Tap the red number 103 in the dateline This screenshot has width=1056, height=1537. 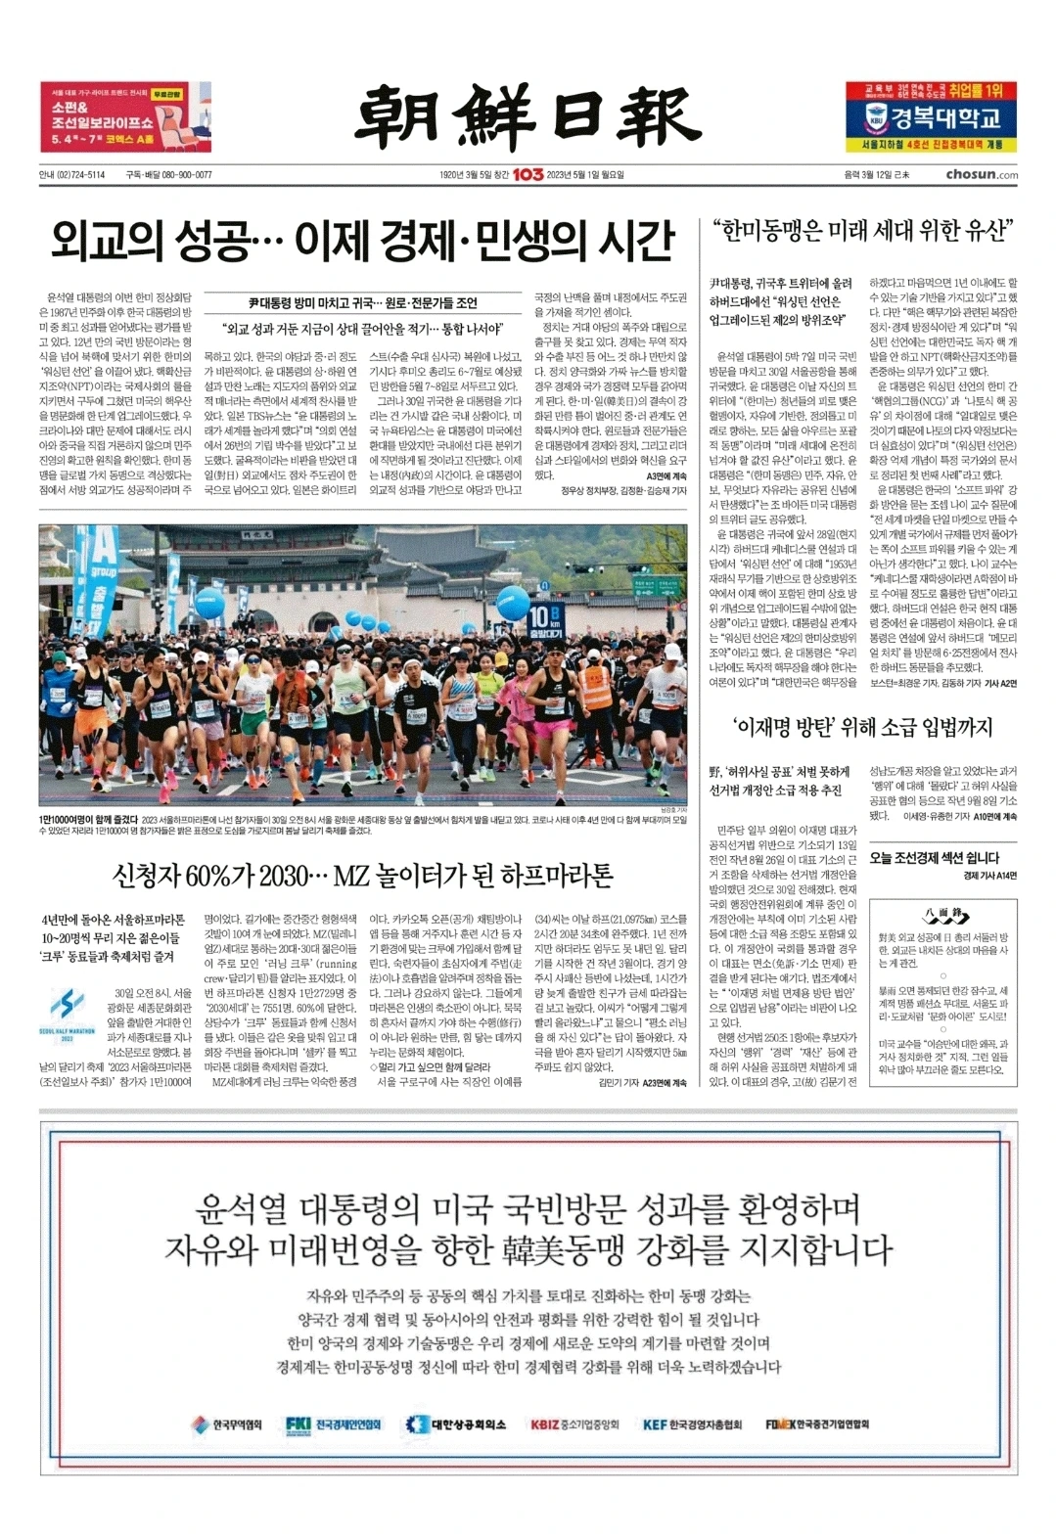pyautogui.click(x=528, y=175)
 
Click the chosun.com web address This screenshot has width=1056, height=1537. pyautogui.click(x=981, y=175)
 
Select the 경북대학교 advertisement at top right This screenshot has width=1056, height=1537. pyautogui.click(x=931, y=116)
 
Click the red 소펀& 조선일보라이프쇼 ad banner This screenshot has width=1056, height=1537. pyautogui.click(x=125, y=116)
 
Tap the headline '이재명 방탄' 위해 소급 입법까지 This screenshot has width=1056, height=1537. pyautogui.click(x=862, y=727)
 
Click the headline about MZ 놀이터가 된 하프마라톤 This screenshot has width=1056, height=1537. pyautogui.click(x=362, y=875)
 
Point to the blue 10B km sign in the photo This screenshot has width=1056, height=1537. pyautogui.click(x=542, y=621)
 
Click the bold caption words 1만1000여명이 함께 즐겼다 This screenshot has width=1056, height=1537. pyautogui.click(x=88, y=820)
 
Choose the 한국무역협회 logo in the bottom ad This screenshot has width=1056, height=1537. pyautogui.click(x=226, y=1424)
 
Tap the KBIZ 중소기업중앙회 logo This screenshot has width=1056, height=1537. pyautogui.click(x=574, y=1424)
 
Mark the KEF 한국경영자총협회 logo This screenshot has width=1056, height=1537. pyautogui.click(x=692, y=1424)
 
